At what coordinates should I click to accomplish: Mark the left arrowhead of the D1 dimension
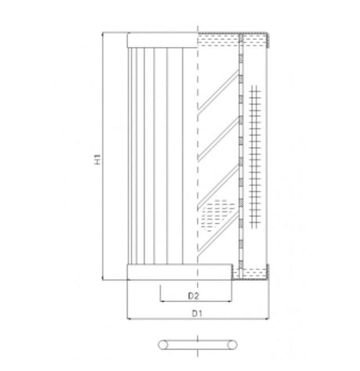tap(128, 319)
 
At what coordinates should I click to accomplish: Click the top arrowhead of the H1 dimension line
tap(103, 36)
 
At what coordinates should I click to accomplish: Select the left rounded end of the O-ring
tap(160, 344)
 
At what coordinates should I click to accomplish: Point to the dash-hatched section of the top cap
tap(219, 40)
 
